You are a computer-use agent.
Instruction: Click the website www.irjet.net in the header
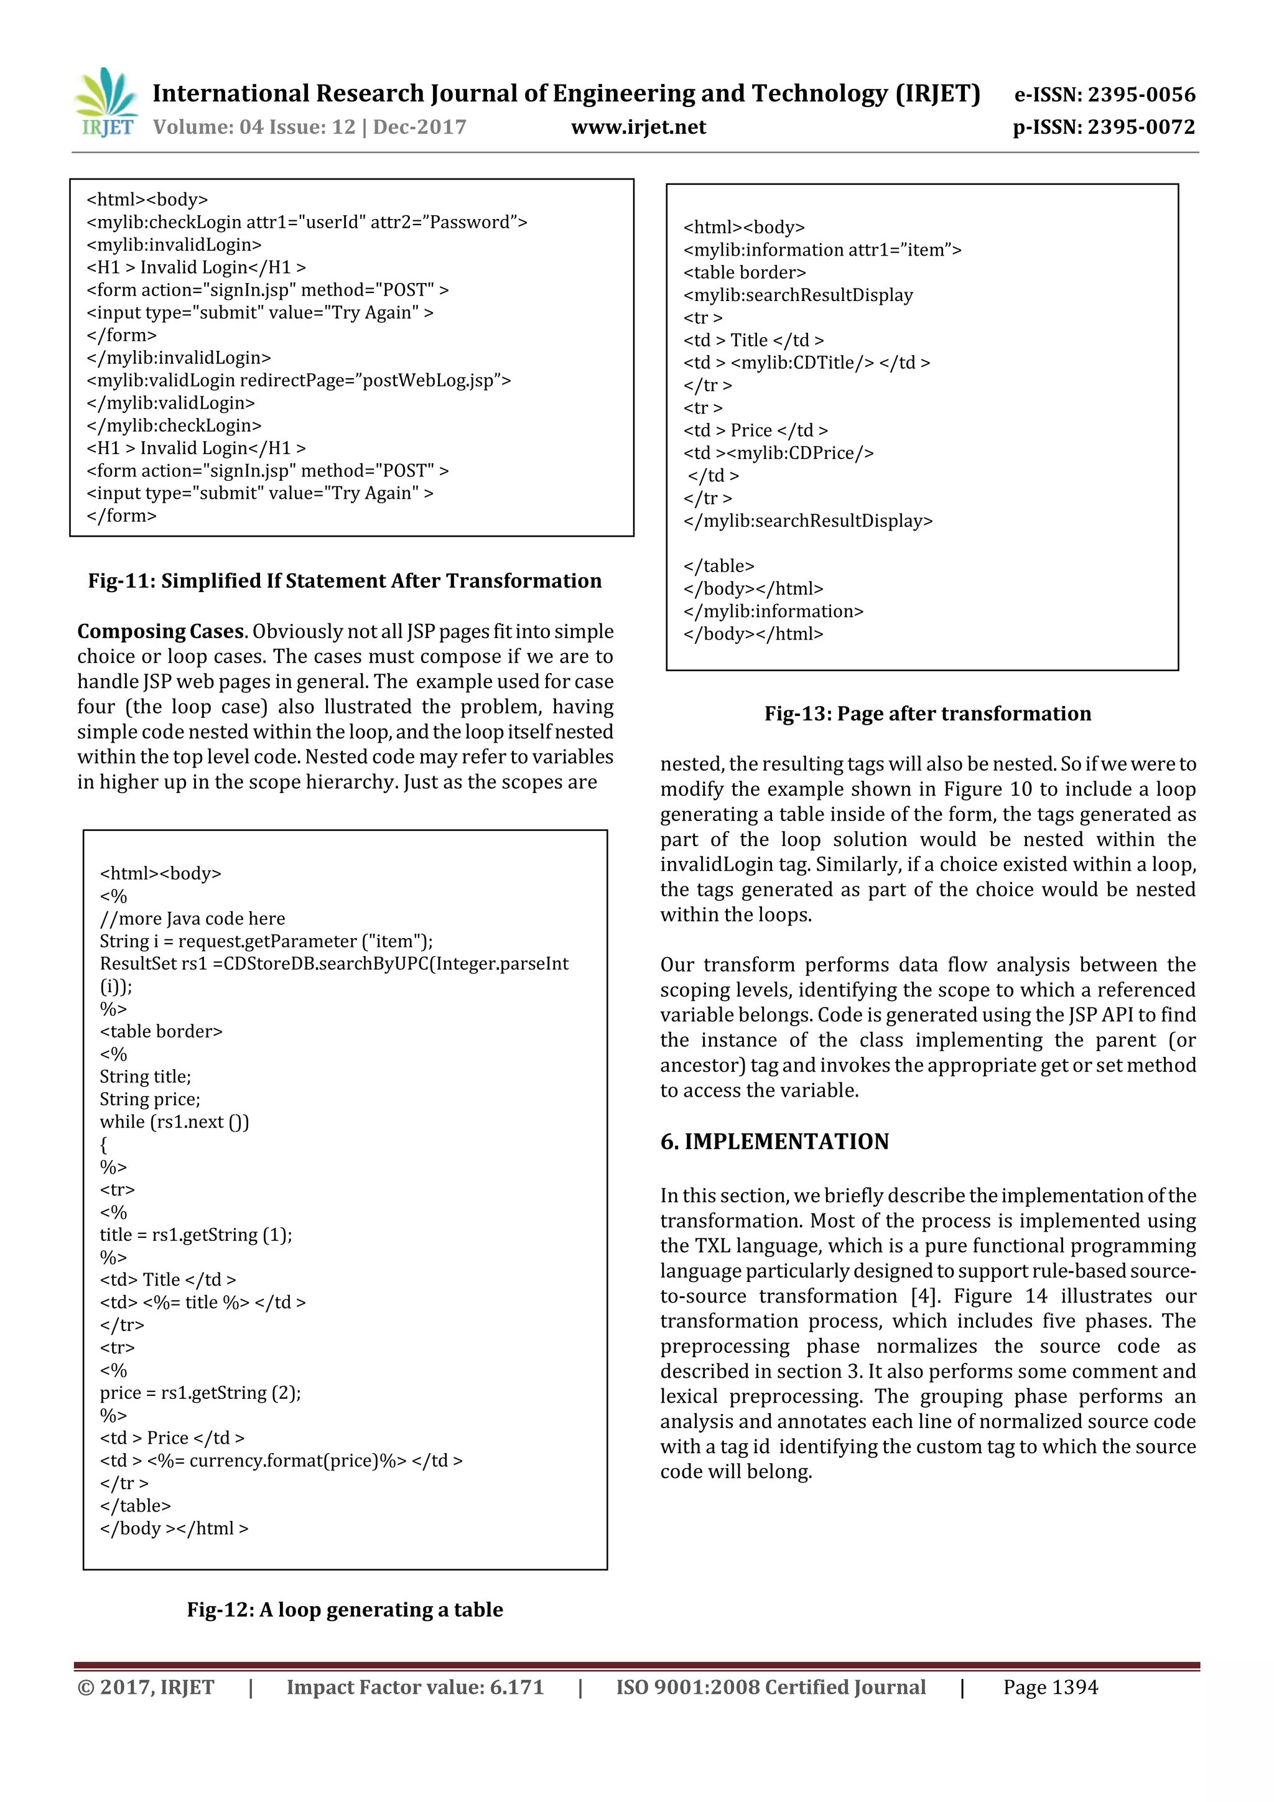pyautogui.click(x=638, y=127)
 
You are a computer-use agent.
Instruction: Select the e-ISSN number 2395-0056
pyautogui.click(x=1104, y=95)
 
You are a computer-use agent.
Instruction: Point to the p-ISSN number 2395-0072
pyautogui.click(x=1104, y=127)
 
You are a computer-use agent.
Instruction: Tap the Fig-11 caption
pyautogui.click(x=345, y=581)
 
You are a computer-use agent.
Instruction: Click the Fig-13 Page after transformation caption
pyautogui.click(x=927, y=713)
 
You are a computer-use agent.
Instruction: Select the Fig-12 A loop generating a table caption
pyautogui.click(x=345, y=1609)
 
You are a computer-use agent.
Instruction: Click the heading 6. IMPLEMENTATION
pyautogui.click(x=774, y=1141)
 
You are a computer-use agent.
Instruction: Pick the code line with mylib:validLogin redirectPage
pyautogui.click(x=299, y=381)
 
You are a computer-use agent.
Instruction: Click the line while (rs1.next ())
pyautogui.click(x=174, y=1122)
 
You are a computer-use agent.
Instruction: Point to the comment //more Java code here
pyautogui.click(x=192, y=919)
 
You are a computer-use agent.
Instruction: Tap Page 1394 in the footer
pyautogui.click(x=1049, y=1688)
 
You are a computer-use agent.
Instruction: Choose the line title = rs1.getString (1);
pyautogui.click(x=195, y=1235)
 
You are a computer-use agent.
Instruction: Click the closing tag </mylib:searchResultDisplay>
pyautogui.click(x=807, y=521)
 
